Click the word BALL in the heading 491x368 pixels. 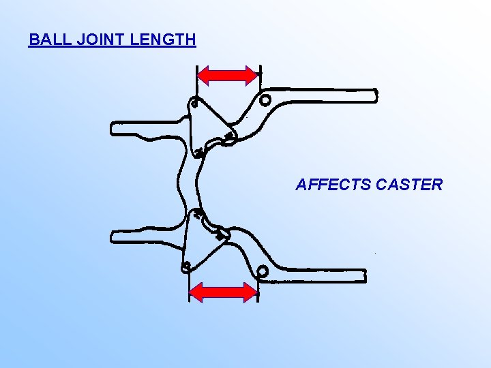tap(46, 40)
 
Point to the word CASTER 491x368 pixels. tap(408, 185)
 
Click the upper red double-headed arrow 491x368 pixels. tap(228, 74)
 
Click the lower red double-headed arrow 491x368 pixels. tap(223, 292)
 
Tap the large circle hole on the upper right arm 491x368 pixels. tap(265, 100)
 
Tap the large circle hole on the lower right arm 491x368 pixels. tap(262, 273)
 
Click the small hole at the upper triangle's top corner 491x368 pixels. tap(194, 104)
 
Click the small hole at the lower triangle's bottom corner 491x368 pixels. tap(185, 266)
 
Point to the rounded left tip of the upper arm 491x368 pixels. tap(114, 128)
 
